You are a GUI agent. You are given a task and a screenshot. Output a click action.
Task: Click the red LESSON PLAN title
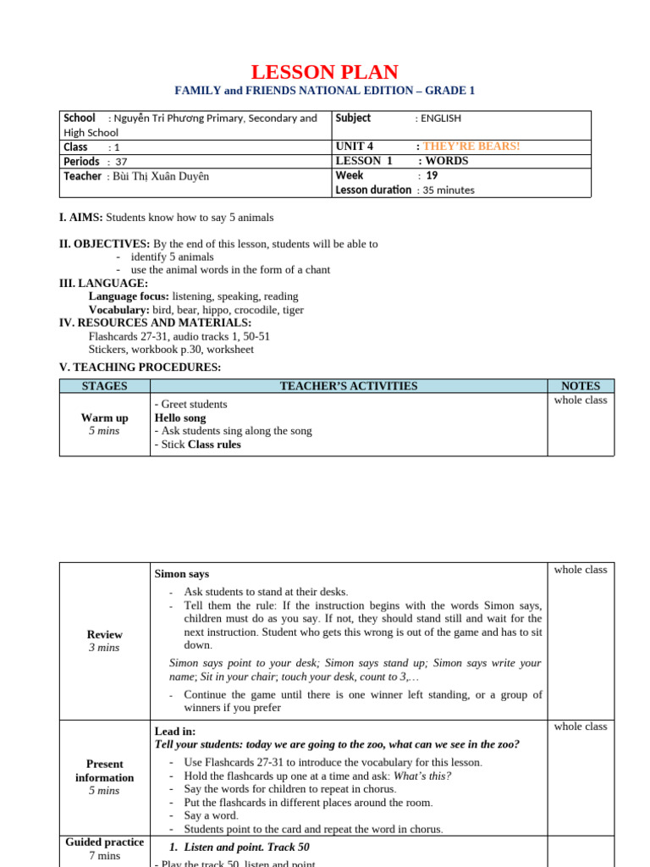[325, 72]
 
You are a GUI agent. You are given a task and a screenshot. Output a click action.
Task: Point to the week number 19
[432, 175]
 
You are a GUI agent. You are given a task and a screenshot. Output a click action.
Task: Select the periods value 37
[121, 162]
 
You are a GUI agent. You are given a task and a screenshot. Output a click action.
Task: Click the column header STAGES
[104, 386]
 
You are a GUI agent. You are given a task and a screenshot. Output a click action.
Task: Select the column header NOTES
[581, 386]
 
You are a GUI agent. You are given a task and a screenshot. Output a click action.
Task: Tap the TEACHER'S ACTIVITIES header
[349, 386]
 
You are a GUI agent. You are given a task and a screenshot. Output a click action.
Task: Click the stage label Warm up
[104, 418]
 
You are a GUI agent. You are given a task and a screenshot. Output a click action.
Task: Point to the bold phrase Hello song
[180, 418]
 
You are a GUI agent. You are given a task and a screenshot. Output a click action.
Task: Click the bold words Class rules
[214, 445]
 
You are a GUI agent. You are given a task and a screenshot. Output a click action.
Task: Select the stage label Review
[104, 635]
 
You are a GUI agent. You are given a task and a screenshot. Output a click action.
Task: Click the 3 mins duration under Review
[104, 648]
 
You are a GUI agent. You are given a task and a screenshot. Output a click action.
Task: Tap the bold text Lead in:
[175, 731]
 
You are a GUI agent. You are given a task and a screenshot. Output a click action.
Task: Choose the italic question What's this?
[422, 776]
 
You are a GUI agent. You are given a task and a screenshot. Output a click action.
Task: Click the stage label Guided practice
[104, 842]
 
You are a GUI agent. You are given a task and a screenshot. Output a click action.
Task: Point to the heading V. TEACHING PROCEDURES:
[140, 367]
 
